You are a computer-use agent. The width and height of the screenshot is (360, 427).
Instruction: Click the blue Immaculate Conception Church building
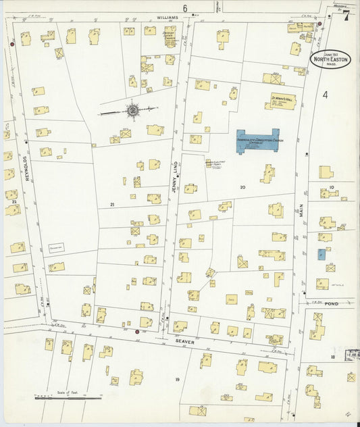(x=257, y=141)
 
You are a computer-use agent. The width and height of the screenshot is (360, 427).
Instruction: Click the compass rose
(x=132, y=109)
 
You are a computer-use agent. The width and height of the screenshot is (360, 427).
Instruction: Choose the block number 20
(x=242, y=186)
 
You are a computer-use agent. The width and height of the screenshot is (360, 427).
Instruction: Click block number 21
(x=113, y=204)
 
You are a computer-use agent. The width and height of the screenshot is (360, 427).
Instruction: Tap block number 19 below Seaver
(x=177, y=380)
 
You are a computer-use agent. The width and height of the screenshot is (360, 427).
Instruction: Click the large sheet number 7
(x=345, y=17)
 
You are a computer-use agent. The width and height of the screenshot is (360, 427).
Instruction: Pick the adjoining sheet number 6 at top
(x=184, y=7)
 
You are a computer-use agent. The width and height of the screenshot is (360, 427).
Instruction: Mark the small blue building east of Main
(x=322, y=255)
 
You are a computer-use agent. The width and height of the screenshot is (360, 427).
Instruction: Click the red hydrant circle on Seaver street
(x=137, y=332)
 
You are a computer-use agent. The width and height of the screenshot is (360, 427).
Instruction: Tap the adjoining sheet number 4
(x=325, y=95)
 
